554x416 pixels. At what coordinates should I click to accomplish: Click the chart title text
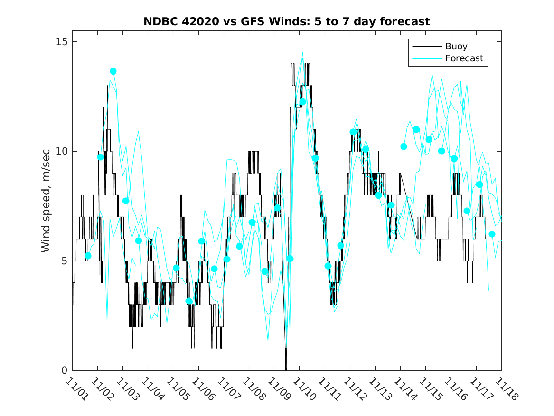pyautogui.click(x=286, y=21)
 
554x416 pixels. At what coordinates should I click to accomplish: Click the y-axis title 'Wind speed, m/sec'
pyautogui.click(x=46, y=206)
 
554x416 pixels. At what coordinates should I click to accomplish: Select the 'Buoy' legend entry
pyautogui.click(x=456, y=47)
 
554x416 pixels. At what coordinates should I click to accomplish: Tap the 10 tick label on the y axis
pyautogui.click(x=60, y=151)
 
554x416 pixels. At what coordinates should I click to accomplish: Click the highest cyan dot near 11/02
pyautogui.click(x=113, y=71)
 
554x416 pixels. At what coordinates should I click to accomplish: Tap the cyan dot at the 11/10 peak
pyautogui.click(x=302, y=102)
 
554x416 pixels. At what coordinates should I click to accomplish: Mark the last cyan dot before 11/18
pyautogui.click(x=492, y=234)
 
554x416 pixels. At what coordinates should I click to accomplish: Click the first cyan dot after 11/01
pyautogui.click(x=88, y=256)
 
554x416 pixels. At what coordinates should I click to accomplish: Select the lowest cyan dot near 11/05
pyautogui.click(x=189, y=301)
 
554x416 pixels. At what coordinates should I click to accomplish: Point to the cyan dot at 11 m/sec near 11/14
pyautogui.click(x=416, y=129)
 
